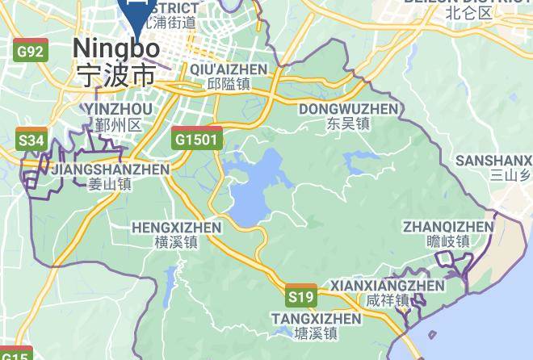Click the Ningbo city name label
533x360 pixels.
pos(115,48)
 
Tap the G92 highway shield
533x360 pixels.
pos(31,52)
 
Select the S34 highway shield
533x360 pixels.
pos(31,140)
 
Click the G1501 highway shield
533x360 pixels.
pos(196,139)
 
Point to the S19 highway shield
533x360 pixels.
pos(301,297)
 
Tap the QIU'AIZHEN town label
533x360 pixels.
pos(229,69)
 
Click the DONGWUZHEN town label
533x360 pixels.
pos(349,109)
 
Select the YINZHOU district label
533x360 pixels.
pos(118,109)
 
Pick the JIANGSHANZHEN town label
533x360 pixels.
pos(110,170)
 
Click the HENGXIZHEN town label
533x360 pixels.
pos(175,228)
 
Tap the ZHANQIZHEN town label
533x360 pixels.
pos(448,226)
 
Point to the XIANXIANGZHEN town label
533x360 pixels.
pos(388,286)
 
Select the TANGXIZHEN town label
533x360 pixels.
pos(316,318)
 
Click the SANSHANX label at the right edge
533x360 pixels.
pos(493,161)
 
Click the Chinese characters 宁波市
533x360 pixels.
pos(115,76)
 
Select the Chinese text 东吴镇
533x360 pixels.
pos(349,124)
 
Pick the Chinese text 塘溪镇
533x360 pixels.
pos(316,333)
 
